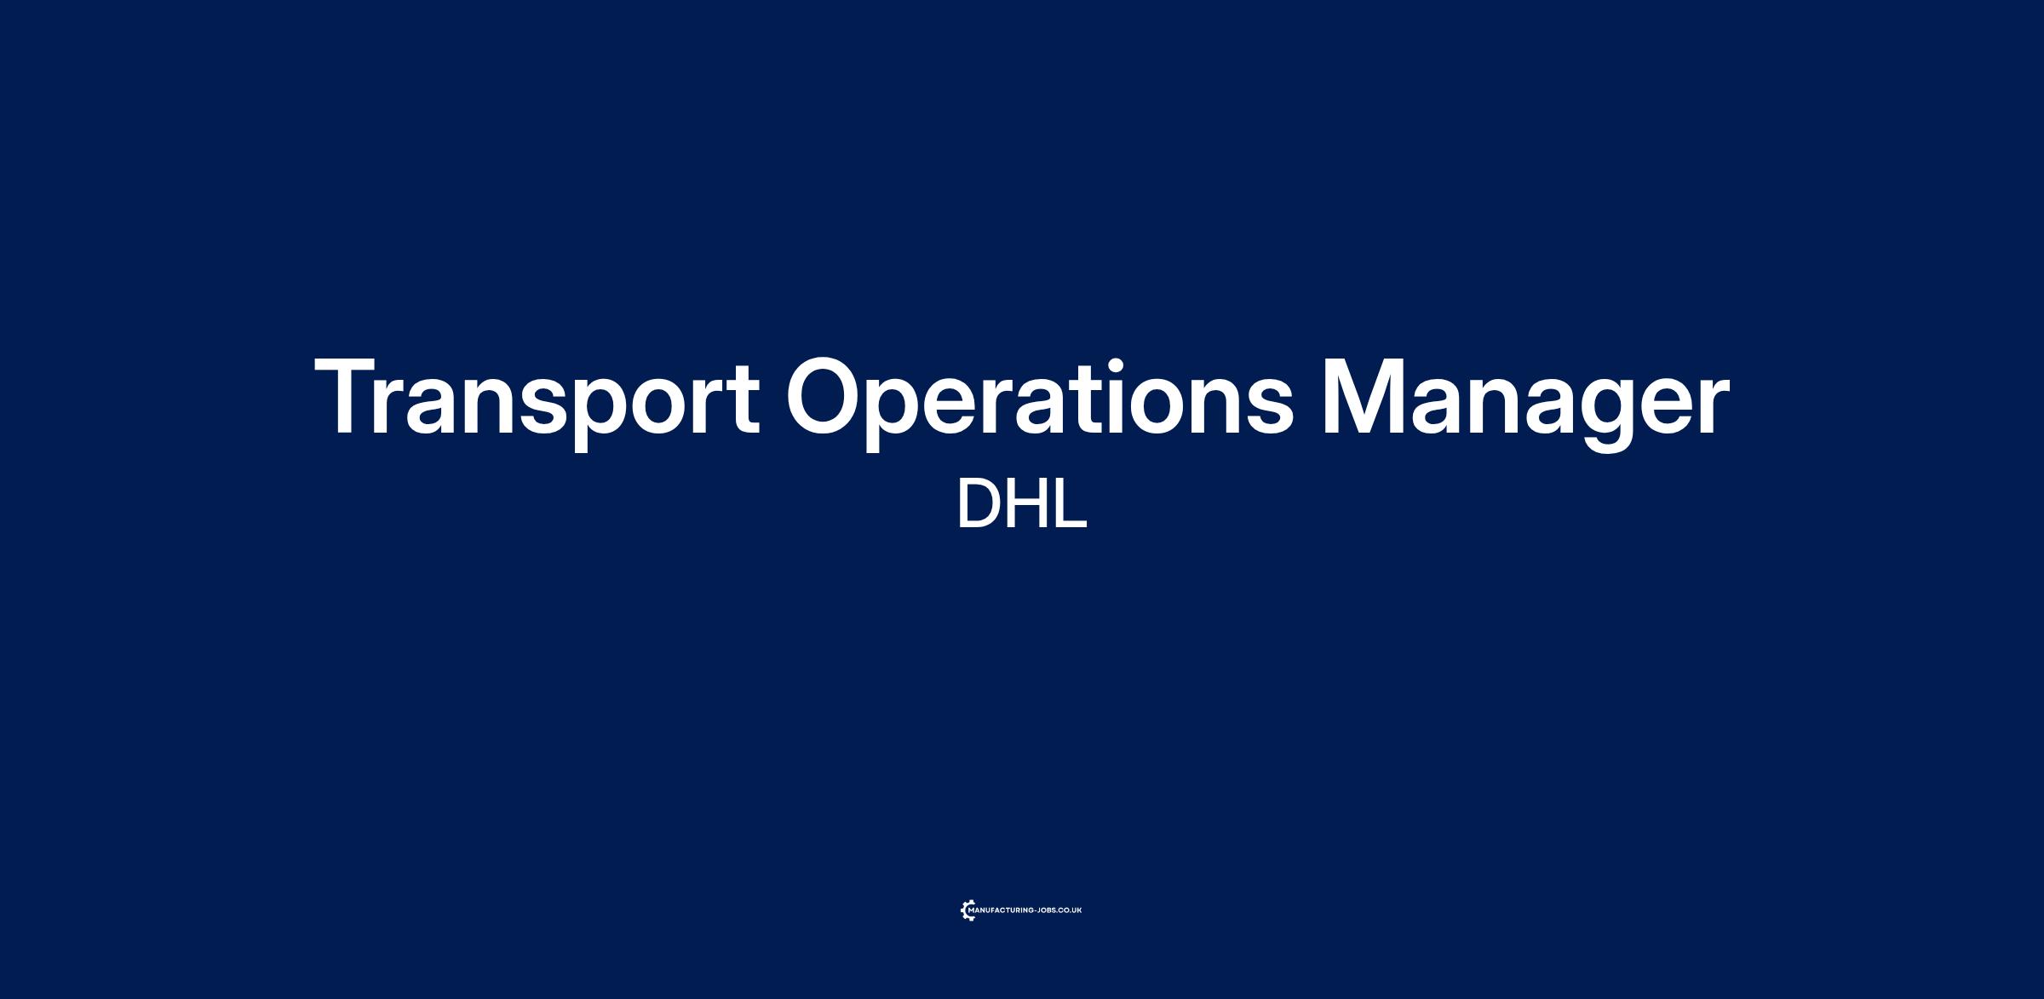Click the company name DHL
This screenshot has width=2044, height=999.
pyautogui.click(x=1022, y=504)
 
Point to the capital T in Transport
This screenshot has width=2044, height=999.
pyautogui.click(x=349, y=396)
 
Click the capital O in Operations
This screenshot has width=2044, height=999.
pyautogui.click(x=826, y=396)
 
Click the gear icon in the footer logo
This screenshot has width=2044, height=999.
pyautogui.click(x=967, y=911)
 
